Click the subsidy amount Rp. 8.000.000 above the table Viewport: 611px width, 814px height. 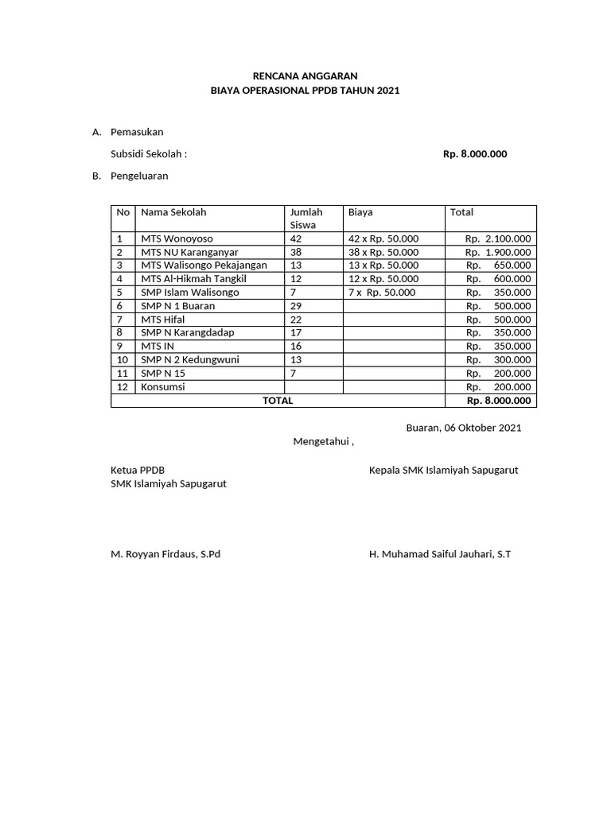click(x=474, y=154)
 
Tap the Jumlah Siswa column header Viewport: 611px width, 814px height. click(x=306, y=218)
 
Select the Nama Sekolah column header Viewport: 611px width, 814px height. click(x=173, y=212)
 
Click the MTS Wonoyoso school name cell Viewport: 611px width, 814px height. click(x=177, y=238)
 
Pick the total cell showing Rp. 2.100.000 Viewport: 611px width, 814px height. click(x=499, y=238)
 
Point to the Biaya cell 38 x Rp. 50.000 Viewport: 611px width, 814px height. click(x=383, y=252)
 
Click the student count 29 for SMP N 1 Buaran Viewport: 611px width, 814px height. click(x=296, y=306)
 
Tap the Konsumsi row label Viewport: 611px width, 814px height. click(x=163, y=387)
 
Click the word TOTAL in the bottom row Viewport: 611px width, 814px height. click(x=278, y=401)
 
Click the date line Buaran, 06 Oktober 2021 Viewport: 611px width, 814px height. click(x=464, y=428)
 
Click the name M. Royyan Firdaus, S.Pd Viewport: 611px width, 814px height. click(x=165, y=554)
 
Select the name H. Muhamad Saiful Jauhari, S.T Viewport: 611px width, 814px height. click(x=440, y=554)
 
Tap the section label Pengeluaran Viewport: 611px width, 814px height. click(x=139, y=176)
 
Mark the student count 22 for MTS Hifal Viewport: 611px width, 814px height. click(x=296, y=320)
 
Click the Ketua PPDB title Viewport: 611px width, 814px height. click(x=138, y=470)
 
